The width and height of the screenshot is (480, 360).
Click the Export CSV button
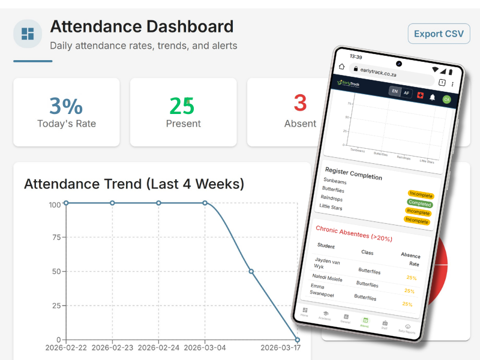[x=439, y=34]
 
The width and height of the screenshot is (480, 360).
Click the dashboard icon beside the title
[x=28, y=34]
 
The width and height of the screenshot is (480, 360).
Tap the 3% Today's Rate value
[x=66, y=106]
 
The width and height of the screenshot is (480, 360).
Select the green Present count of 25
[x=182, y=106]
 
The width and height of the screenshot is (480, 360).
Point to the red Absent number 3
[x=300, y=103]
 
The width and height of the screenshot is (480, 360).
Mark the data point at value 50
[x=251, y=271]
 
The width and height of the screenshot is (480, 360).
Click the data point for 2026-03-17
[x=297, y=340]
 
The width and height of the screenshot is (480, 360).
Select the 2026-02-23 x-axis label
[x=112, y=347]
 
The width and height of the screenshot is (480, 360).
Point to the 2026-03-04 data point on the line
[x=205, y=203]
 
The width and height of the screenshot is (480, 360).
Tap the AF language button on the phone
[x=406, y=93]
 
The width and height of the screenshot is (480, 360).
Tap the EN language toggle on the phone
[x=394, y=91]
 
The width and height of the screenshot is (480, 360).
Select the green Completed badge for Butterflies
[x=420, y=203]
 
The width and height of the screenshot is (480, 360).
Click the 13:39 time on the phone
[x=356, y=56]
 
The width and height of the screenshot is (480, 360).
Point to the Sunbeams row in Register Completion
[x=335, y=180]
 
